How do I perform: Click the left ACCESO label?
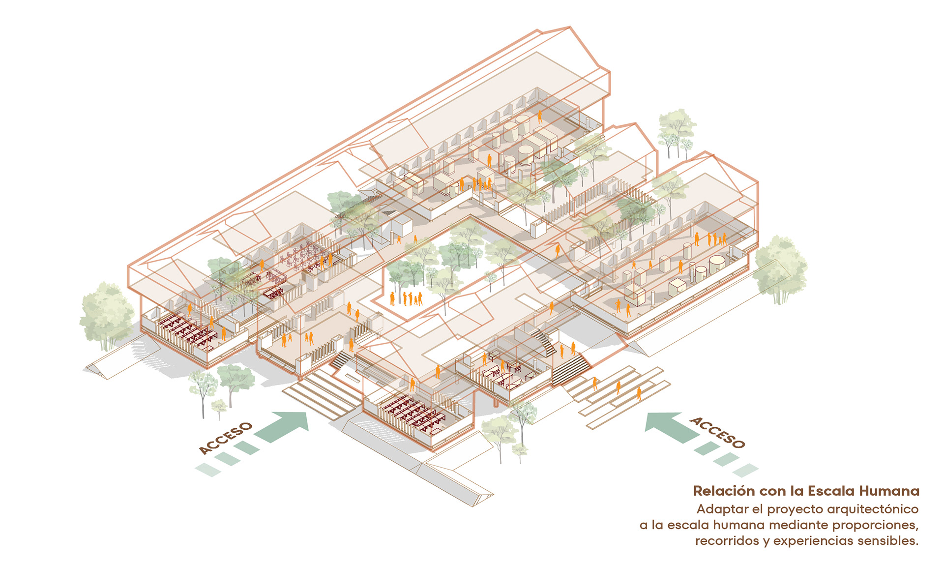coord(225,438)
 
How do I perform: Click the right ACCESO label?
coord(717,432)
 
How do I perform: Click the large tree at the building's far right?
coord(780,268)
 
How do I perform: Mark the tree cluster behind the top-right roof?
coord(677,130)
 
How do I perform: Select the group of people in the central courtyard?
coord(407,298)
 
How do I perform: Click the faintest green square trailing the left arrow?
coord(208,470)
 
